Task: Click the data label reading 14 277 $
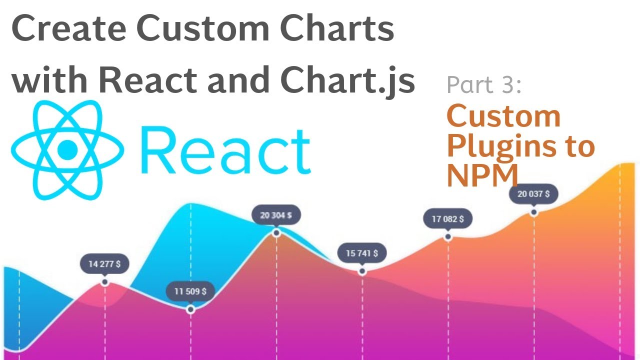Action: click(104, 264)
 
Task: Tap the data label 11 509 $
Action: click(190, 291)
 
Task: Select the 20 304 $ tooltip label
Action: click(276, 215)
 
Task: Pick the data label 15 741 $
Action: click(362, 253)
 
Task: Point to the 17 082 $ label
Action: click(447, 219)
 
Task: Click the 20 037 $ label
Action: click(533, 194)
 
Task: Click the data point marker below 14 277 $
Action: click(104, 282)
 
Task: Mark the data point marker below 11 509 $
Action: click(190, 310)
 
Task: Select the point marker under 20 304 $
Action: click(276, 233)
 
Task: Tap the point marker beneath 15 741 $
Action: click(362, 271)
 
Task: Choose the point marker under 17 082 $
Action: click(448, 237)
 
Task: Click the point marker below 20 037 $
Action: click(534, 212)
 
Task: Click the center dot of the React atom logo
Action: click(67, 148)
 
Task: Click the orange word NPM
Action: click(482, 175)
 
